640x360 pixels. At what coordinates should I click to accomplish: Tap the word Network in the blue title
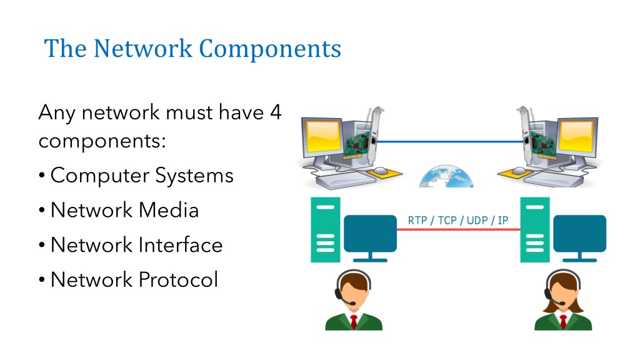pos(143,48)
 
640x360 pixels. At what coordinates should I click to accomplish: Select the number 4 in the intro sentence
pos(276,112)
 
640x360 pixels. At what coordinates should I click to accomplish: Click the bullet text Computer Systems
pos(142,176)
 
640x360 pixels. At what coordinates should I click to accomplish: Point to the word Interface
pos(181,244)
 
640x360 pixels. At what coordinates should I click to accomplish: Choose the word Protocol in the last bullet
pos(178,279)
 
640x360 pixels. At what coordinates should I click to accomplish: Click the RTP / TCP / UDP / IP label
pos(458,221)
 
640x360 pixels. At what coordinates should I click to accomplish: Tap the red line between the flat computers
pos(458,229)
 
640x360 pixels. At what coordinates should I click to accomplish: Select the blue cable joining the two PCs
pos(450,142)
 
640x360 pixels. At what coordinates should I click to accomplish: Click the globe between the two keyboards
pos(446,177)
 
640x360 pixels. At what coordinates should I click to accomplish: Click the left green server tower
pos(325,230)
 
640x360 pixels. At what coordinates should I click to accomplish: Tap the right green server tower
pos(535,230)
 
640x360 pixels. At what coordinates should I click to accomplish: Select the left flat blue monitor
pos(370,237)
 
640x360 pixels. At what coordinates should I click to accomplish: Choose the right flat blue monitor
pos(579,237)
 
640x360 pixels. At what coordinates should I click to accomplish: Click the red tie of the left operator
pos(354,321)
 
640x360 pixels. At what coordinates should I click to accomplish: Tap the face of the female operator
pos(564,291)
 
